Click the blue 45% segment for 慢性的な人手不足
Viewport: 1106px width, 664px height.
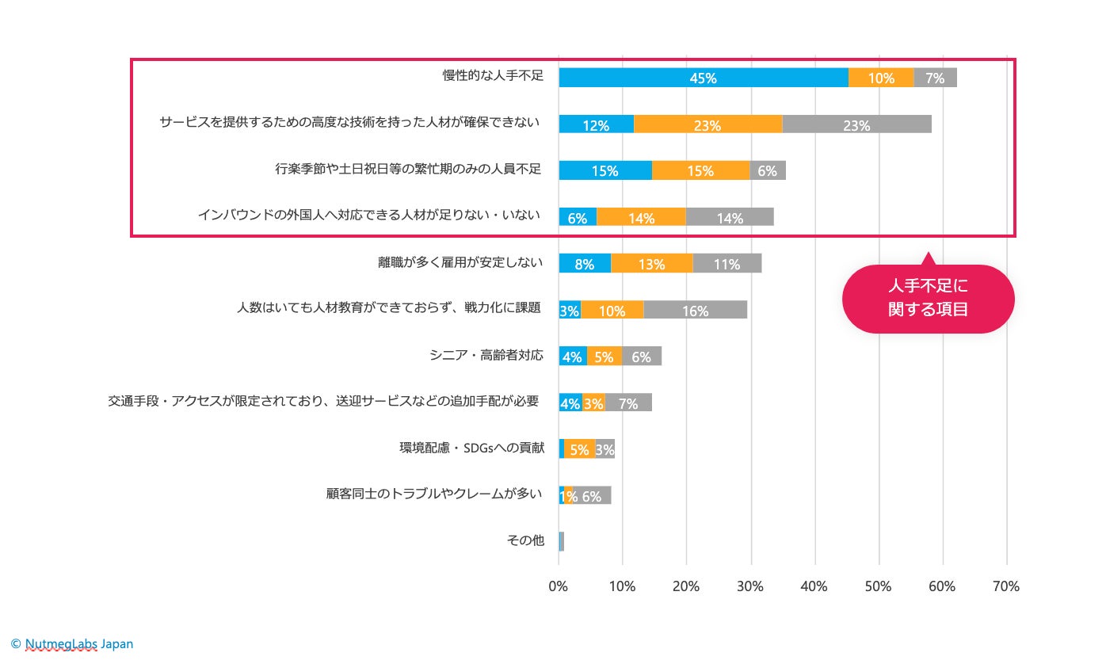pos(703,78)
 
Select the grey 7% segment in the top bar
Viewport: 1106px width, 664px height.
pos(935,78)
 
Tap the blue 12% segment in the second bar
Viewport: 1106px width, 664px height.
pos(596,124)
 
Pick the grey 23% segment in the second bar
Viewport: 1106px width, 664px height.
pos(856,124)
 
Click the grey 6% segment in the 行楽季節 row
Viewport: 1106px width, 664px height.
pos(768,170)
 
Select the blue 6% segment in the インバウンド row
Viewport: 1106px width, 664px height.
pos(578,217)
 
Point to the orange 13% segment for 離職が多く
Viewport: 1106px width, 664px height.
pos(651,263)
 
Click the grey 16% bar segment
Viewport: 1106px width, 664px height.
pos(695,310)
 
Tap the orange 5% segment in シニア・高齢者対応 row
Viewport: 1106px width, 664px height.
pos(604,357)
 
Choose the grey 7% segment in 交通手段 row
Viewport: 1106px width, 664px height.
pos(628,403)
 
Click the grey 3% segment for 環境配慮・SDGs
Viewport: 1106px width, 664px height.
pos(604,449)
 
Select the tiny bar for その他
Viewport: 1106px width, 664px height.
pos(561,541)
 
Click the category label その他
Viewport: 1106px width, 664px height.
pos(525,540)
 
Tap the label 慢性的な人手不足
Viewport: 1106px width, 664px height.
pos(493,76)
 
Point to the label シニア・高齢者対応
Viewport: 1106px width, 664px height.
pos(486,355)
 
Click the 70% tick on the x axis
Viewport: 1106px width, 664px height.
pos(1006,586)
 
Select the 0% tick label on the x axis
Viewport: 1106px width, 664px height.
pos(559,586)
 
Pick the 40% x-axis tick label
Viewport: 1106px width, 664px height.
pos(814,586)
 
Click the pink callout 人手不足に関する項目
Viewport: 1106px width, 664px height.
pos(928,299)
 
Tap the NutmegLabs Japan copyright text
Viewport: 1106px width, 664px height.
pos(72,643)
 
